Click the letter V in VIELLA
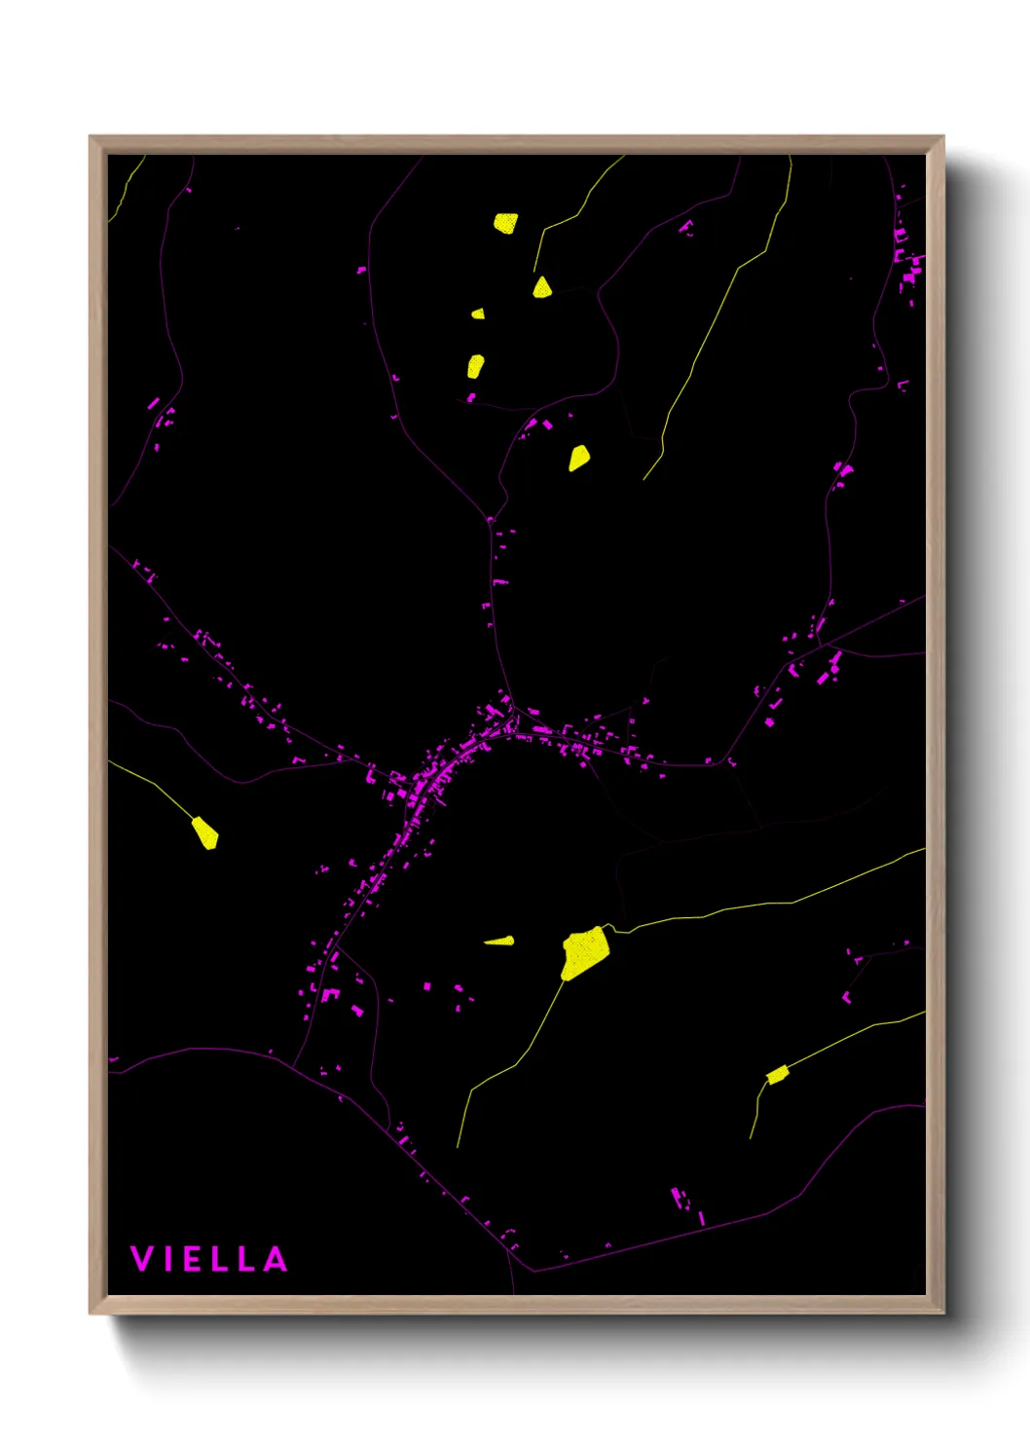pos(141,1259)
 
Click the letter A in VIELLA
pos(276,1259)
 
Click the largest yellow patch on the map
pos(584,952)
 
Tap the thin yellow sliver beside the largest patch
pos(500,941)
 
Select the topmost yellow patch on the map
pos(505,223)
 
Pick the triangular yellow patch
pos(542,287)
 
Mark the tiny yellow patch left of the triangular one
pos(478,314)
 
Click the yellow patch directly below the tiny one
pos(475,366)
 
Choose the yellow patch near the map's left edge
pos(204,832)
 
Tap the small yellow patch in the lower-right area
pos(777,1075)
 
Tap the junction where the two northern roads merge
pos(490,519)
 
